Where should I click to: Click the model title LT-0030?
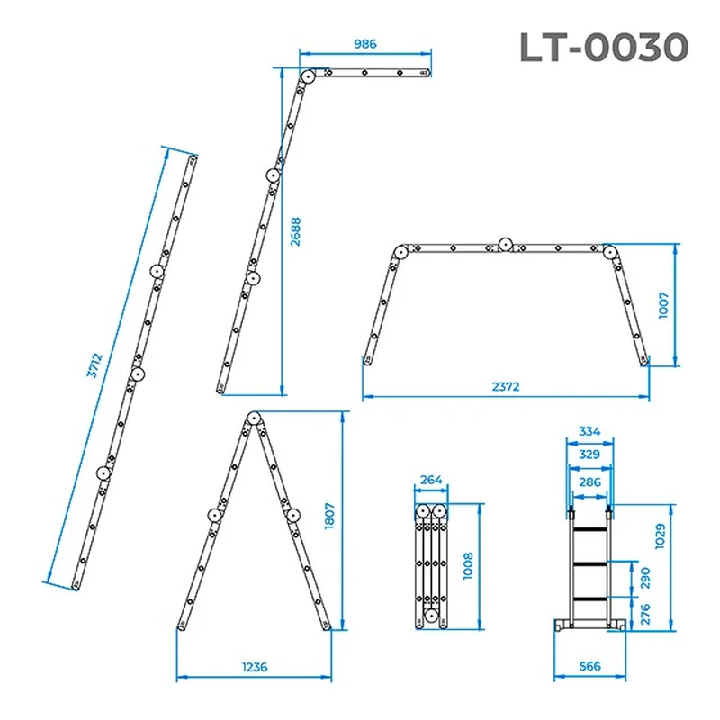pos(604,48)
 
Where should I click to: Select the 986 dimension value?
pos(365,44)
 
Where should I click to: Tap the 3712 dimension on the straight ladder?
pos(94,365)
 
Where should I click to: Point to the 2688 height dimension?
pos(296,232)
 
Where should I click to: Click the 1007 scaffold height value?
pos(663,305)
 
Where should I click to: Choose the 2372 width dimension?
pos(506,387)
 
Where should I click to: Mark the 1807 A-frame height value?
pos(329,516)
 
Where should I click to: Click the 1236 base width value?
pos(255,667)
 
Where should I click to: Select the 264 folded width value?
pos(431,480)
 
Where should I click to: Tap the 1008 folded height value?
pos(468,566)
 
